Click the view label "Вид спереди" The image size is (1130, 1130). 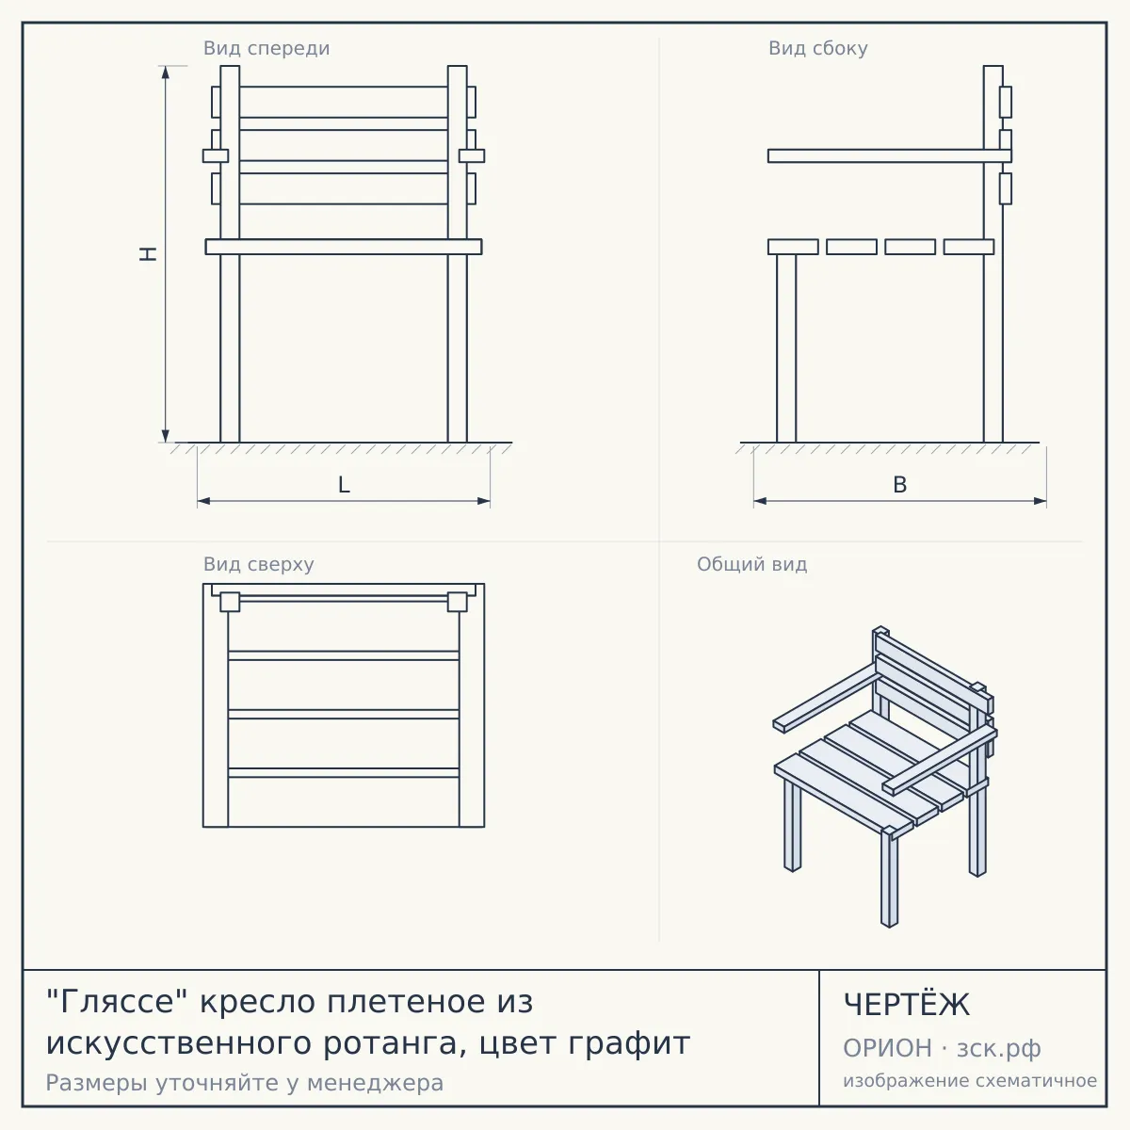tap(266, 48)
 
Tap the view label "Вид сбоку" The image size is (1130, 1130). tap(818, 48)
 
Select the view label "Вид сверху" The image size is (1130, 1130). tap(259, 564)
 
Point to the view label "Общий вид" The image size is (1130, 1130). tap(751, 564)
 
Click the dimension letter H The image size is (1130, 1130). tap(149, 254)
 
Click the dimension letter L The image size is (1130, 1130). tap(344, 485)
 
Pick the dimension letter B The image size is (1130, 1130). tap(899, 485)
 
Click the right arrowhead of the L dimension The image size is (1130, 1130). tap(484, 501)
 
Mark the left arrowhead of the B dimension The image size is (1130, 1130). tap(760, 501)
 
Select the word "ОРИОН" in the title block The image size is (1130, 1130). tap(887, 1048)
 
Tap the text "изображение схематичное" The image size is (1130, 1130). tap(970, 1080)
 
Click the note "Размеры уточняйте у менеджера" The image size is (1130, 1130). tap(245, 1083)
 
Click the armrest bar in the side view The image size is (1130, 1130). tap(890, 155)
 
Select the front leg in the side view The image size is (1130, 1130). tap(786, 348)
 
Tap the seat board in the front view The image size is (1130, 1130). tap(344, 247)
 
